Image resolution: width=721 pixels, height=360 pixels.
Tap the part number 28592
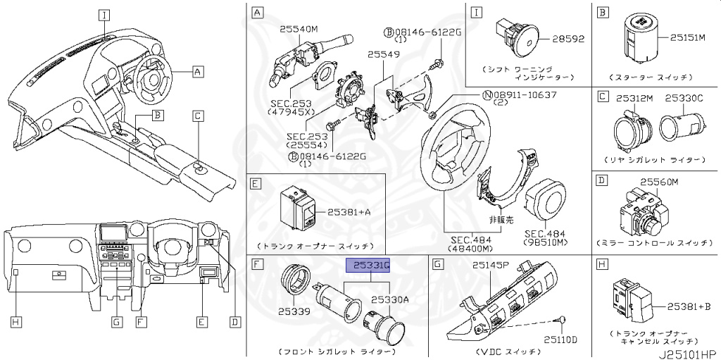coord(568,38)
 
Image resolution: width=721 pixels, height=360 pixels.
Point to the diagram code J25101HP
coord(687,349)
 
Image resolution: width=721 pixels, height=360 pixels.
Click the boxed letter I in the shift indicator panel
coord(477,12)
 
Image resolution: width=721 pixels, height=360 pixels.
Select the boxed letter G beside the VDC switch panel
coord(438,265)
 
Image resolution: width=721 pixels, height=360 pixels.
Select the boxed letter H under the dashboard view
coord(15,322)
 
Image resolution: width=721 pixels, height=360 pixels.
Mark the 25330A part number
coord(389,300)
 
